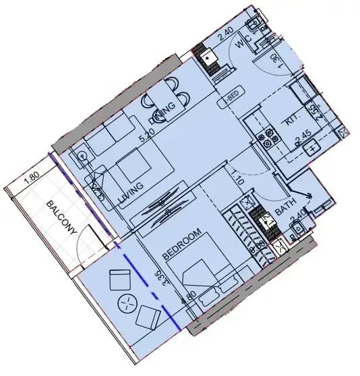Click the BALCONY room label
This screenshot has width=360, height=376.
click(x=61, y=218)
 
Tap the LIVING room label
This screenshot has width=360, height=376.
click(x=130, y=191)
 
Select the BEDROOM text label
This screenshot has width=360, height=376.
click(x=183, y=246)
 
